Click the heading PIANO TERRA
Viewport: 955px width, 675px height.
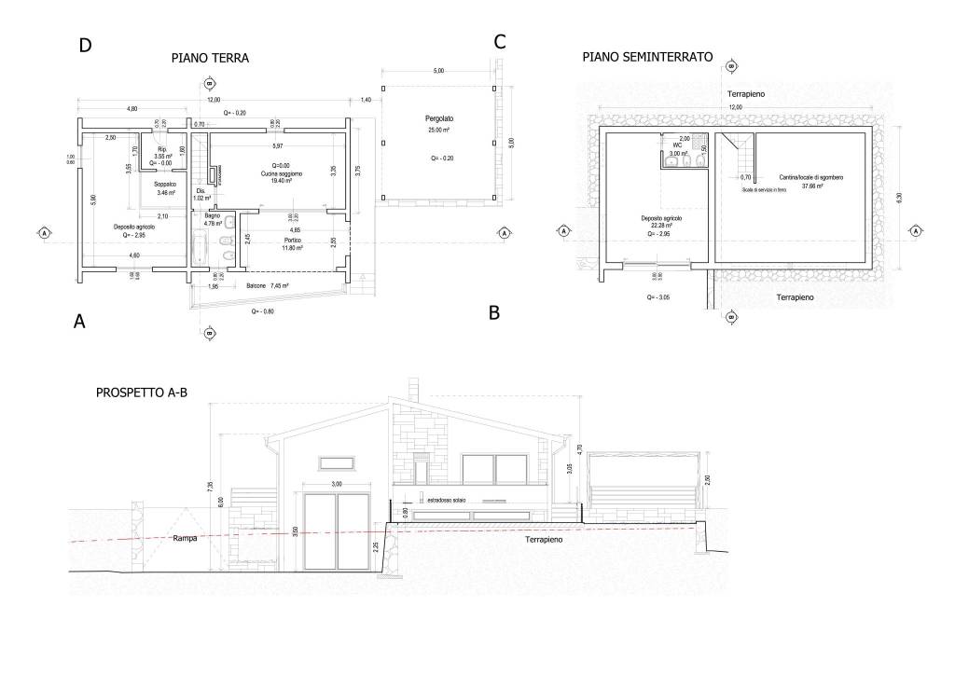click(x=210, y=58)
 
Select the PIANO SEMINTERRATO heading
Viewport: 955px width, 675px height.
click(x=647, y=57)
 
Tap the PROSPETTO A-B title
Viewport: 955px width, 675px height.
click(x=142, y=393)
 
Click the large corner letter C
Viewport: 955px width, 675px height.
click(x=499, y=42)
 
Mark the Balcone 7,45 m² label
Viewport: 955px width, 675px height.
click(x=267, y=286)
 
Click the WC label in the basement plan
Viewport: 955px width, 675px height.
click(x=678, y=145)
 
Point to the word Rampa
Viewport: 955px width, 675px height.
click(x=185, y=539)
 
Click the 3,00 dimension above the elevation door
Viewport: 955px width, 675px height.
click(x=337, y=484)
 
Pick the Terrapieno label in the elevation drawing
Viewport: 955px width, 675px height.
click(x=547, y=540)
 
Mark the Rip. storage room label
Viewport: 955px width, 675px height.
click(x=161, y=149)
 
